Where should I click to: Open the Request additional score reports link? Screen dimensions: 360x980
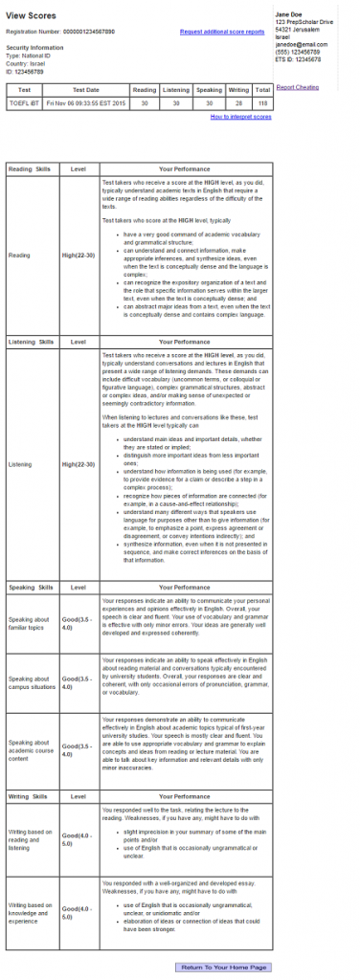pos(222,32)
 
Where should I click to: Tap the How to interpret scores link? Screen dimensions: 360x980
pos(240,116)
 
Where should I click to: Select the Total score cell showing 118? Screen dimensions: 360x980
pos(261,102)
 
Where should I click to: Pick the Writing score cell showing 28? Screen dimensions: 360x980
pos(237,102)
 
